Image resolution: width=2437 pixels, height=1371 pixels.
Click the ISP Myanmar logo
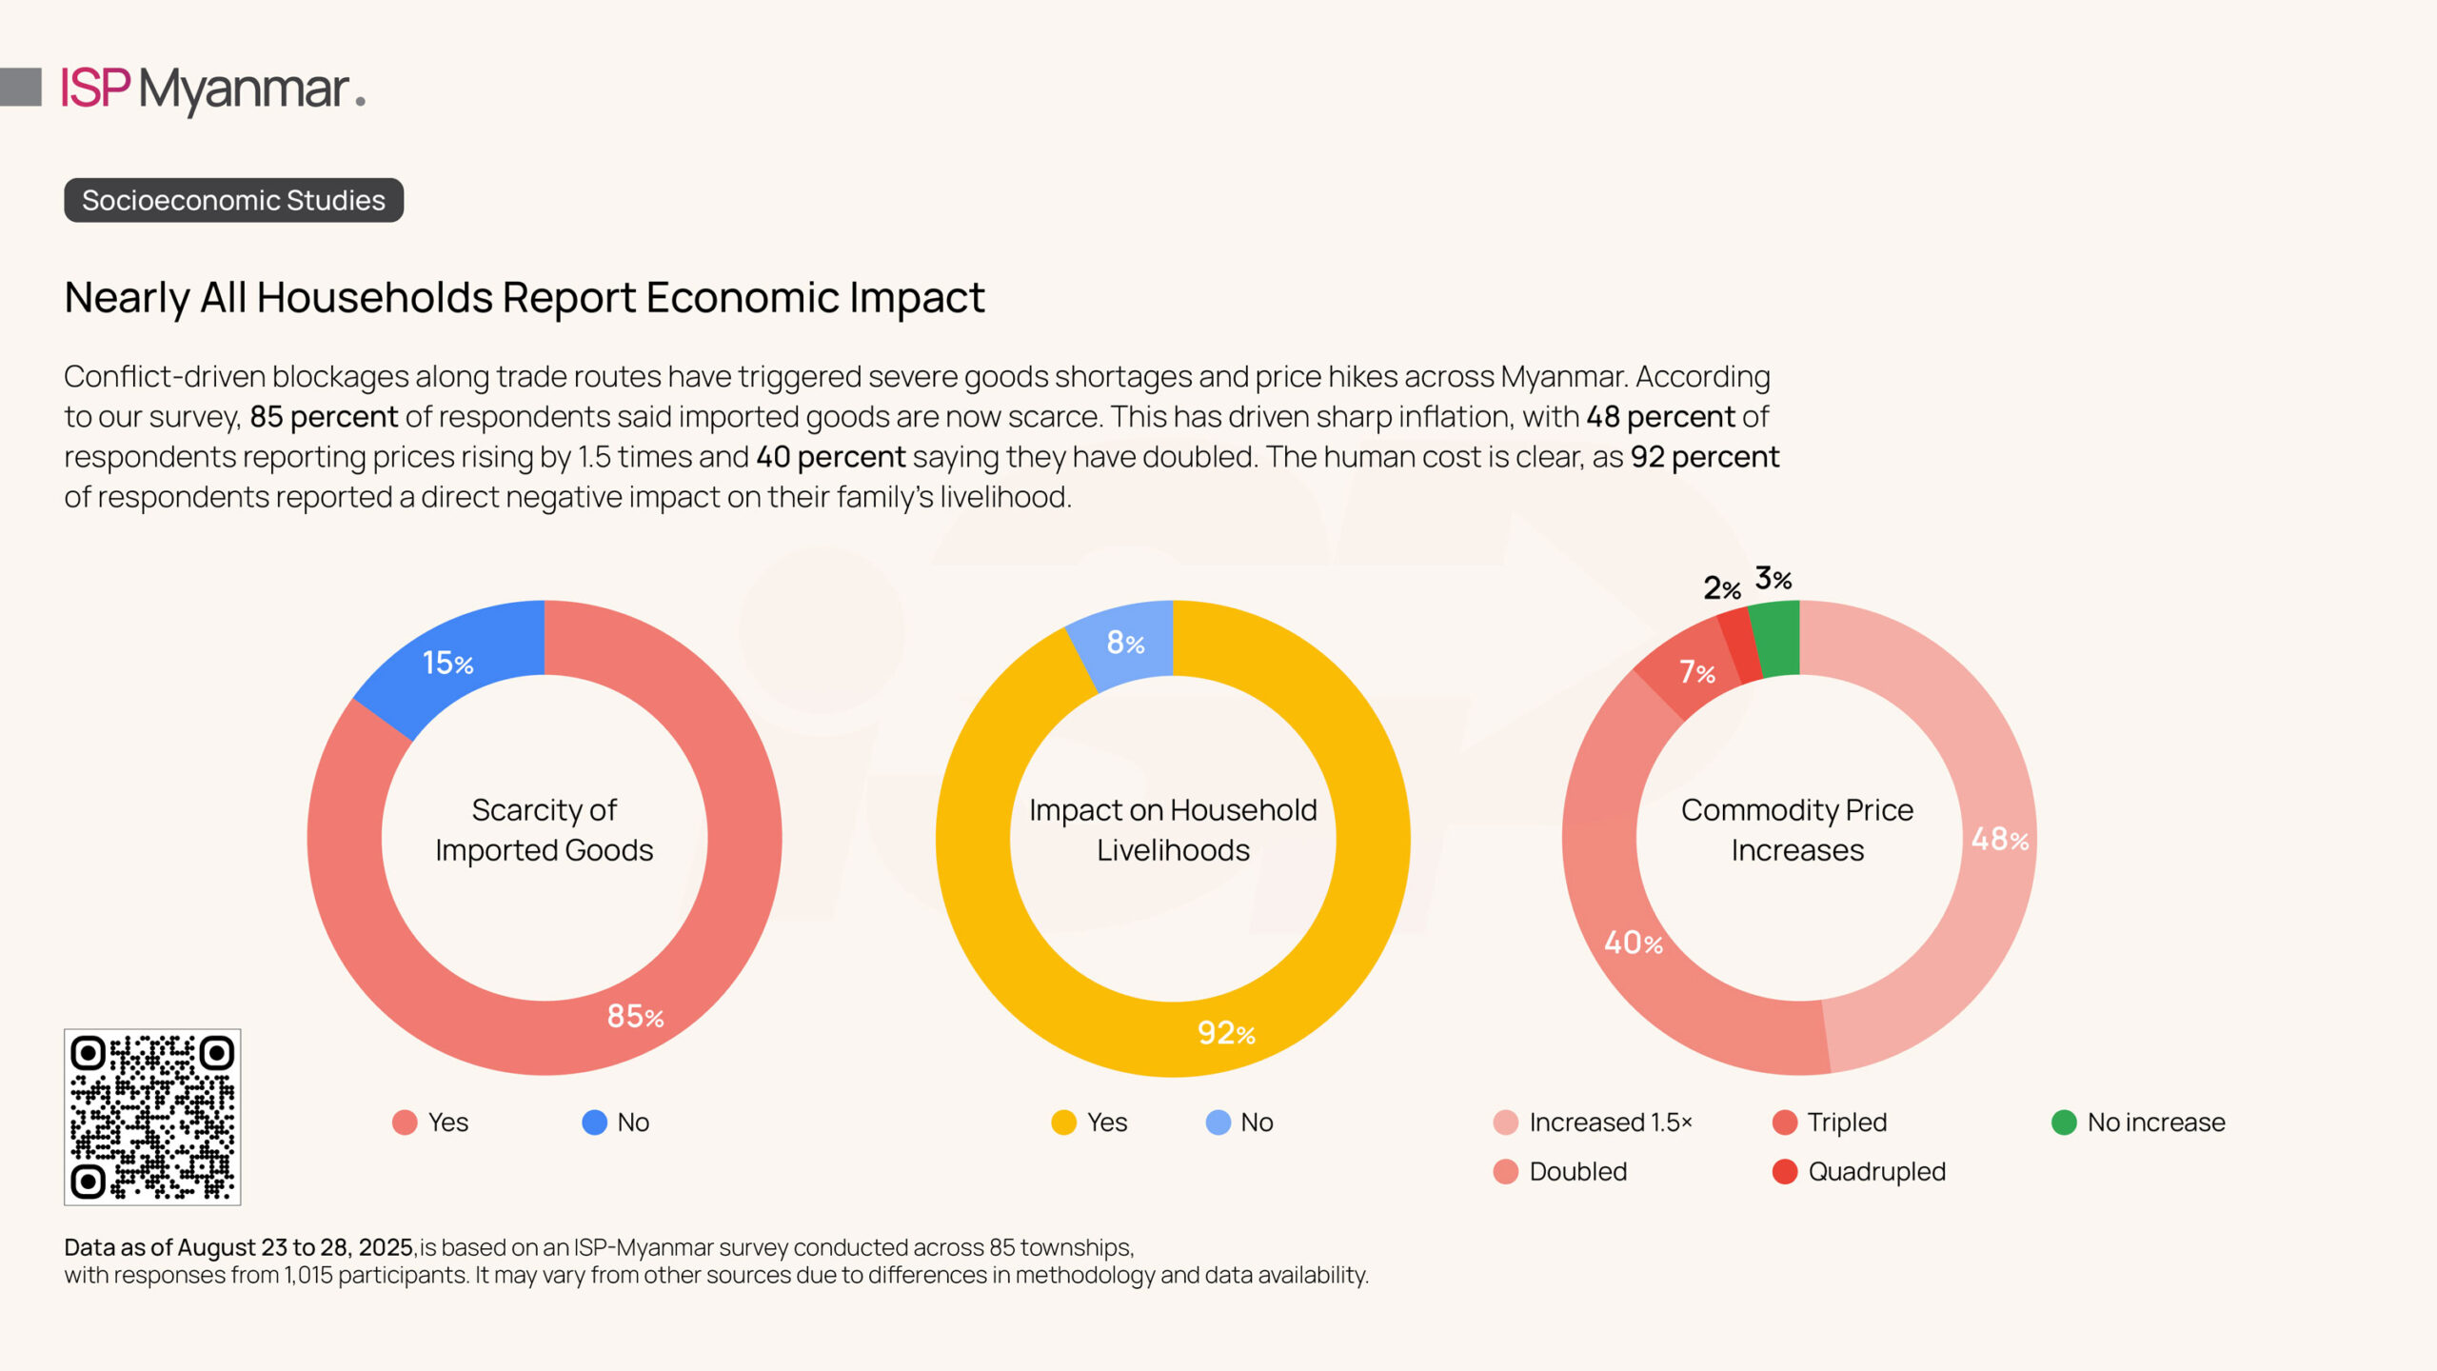coord(212,89)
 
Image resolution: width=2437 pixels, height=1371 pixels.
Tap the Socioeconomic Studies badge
coord(233,201)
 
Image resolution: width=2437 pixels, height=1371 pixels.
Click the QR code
coord(152,1117)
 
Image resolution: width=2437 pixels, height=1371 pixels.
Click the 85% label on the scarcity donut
coord(635,1017)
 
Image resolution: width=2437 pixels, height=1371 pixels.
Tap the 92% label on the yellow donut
coord(1226,1033)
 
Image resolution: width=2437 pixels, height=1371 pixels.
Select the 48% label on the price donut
coord(1999,839)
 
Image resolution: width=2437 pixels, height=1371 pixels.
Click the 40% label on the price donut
coord(1634,944)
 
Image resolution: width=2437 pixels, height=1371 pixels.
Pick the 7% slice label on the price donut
coord(1696,673)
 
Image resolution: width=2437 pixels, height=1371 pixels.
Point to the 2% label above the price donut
coord(1722,588)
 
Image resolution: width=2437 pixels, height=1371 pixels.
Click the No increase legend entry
coord(2138,1123)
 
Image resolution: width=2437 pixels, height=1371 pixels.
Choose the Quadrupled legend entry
coord(1859,1172)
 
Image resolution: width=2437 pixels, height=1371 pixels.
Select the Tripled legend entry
coord(1830,1123)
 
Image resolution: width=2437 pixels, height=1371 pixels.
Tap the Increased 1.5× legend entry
coord(1594,1123)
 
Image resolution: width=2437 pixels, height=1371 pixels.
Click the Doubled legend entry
coord(1561,1172)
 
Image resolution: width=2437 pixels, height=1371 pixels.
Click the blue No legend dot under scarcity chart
coord(595,1123)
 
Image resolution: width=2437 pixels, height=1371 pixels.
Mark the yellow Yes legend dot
coord(1063,1123)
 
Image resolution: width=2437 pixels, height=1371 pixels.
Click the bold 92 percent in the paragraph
coord(1704,457)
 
